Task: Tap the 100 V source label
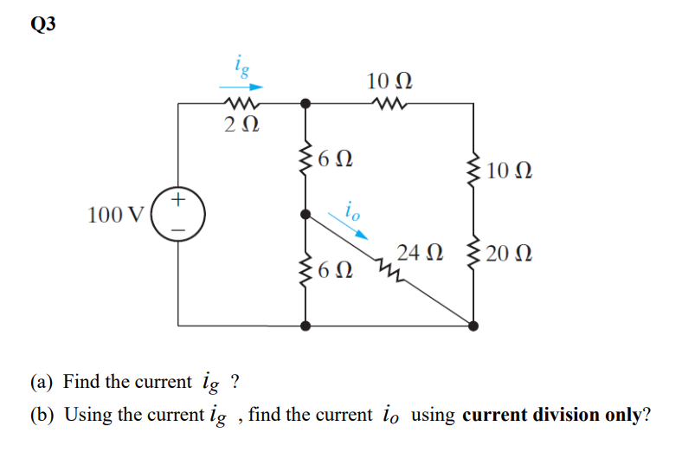click(117, 215)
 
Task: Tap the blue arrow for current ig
click(240, 87)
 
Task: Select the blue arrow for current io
click(355, 229)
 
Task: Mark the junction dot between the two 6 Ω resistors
click(305, 214)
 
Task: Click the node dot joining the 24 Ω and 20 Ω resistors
click(473, 326)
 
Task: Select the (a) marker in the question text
click(42, 382)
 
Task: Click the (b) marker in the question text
click(42, 414)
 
